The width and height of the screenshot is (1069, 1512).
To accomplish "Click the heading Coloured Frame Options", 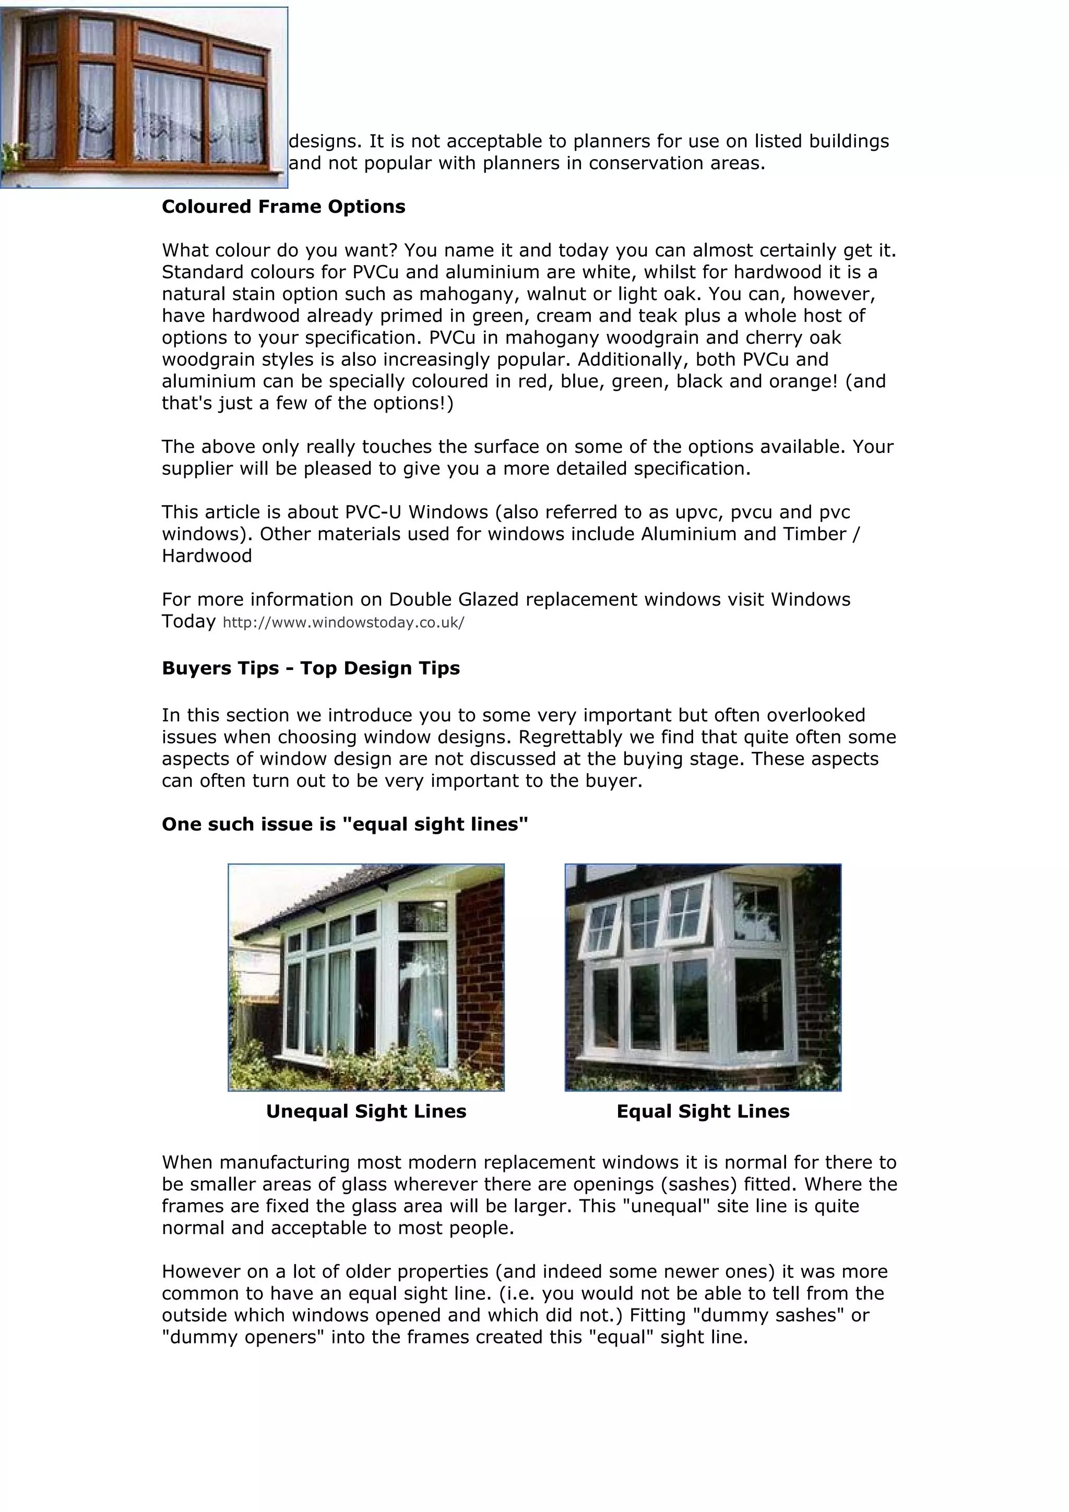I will (x=283, y=207).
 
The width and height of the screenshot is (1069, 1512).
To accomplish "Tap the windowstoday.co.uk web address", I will (x=343, y=623).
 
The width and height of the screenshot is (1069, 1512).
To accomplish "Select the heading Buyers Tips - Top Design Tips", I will (x=310, y=668).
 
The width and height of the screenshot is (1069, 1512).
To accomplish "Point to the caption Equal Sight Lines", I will (x=703, y=1112).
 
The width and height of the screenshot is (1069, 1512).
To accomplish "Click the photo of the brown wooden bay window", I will (x=144, y=98).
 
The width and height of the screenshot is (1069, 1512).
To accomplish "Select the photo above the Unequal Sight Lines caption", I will (x=366, y=978).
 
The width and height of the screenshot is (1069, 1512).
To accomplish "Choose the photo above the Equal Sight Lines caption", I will (x=703, y=978).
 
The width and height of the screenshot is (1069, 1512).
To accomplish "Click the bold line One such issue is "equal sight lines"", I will (x=345, y=824).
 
